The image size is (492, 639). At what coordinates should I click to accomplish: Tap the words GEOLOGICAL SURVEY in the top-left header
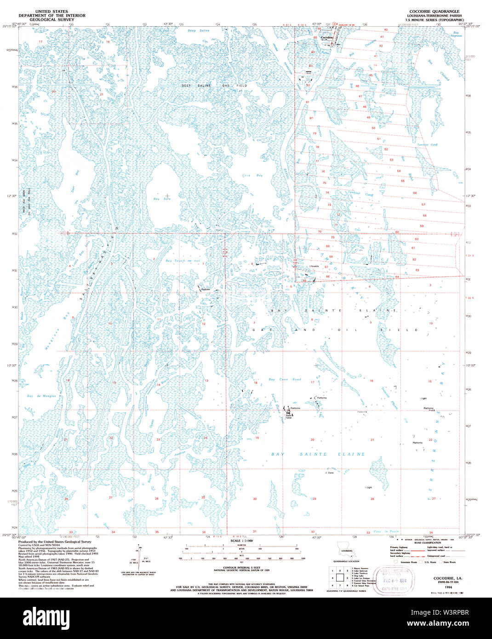(x=51, y=20)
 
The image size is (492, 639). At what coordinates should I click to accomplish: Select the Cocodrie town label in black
(x=326, y=37)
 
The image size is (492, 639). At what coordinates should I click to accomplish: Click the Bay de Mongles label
(x=41, y=396)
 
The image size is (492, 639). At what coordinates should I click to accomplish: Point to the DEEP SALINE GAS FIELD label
(x=214, y=86)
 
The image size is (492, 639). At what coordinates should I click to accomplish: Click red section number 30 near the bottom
(x=255, y=498)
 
